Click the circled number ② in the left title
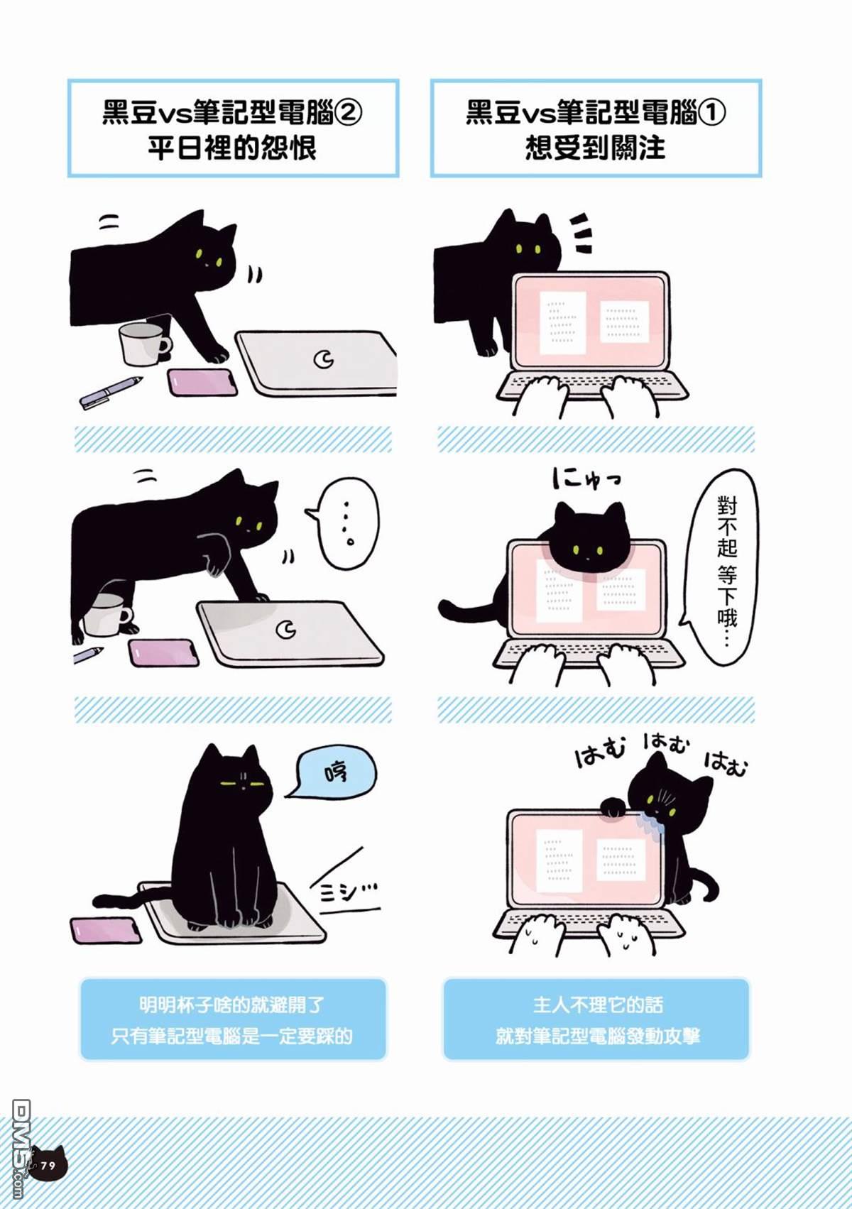348,112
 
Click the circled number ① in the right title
711,112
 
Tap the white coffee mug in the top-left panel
143,344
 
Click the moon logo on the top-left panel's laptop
324,360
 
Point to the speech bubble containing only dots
346,524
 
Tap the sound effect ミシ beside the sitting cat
346,891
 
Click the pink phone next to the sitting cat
106,930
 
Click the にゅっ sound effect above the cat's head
586,478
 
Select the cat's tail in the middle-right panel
465,608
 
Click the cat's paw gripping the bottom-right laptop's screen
613,806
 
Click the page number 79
48,1166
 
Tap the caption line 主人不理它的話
597,1005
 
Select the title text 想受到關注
595,148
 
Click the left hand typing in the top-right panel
542,395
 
